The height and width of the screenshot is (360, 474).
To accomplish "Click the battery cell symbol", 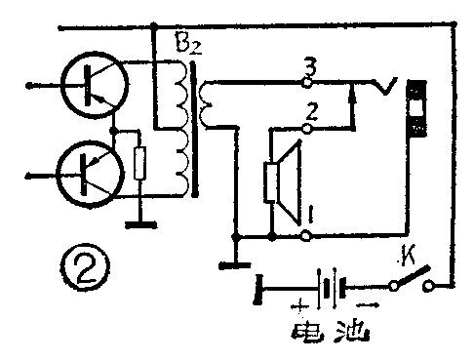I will click(332, 290).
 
